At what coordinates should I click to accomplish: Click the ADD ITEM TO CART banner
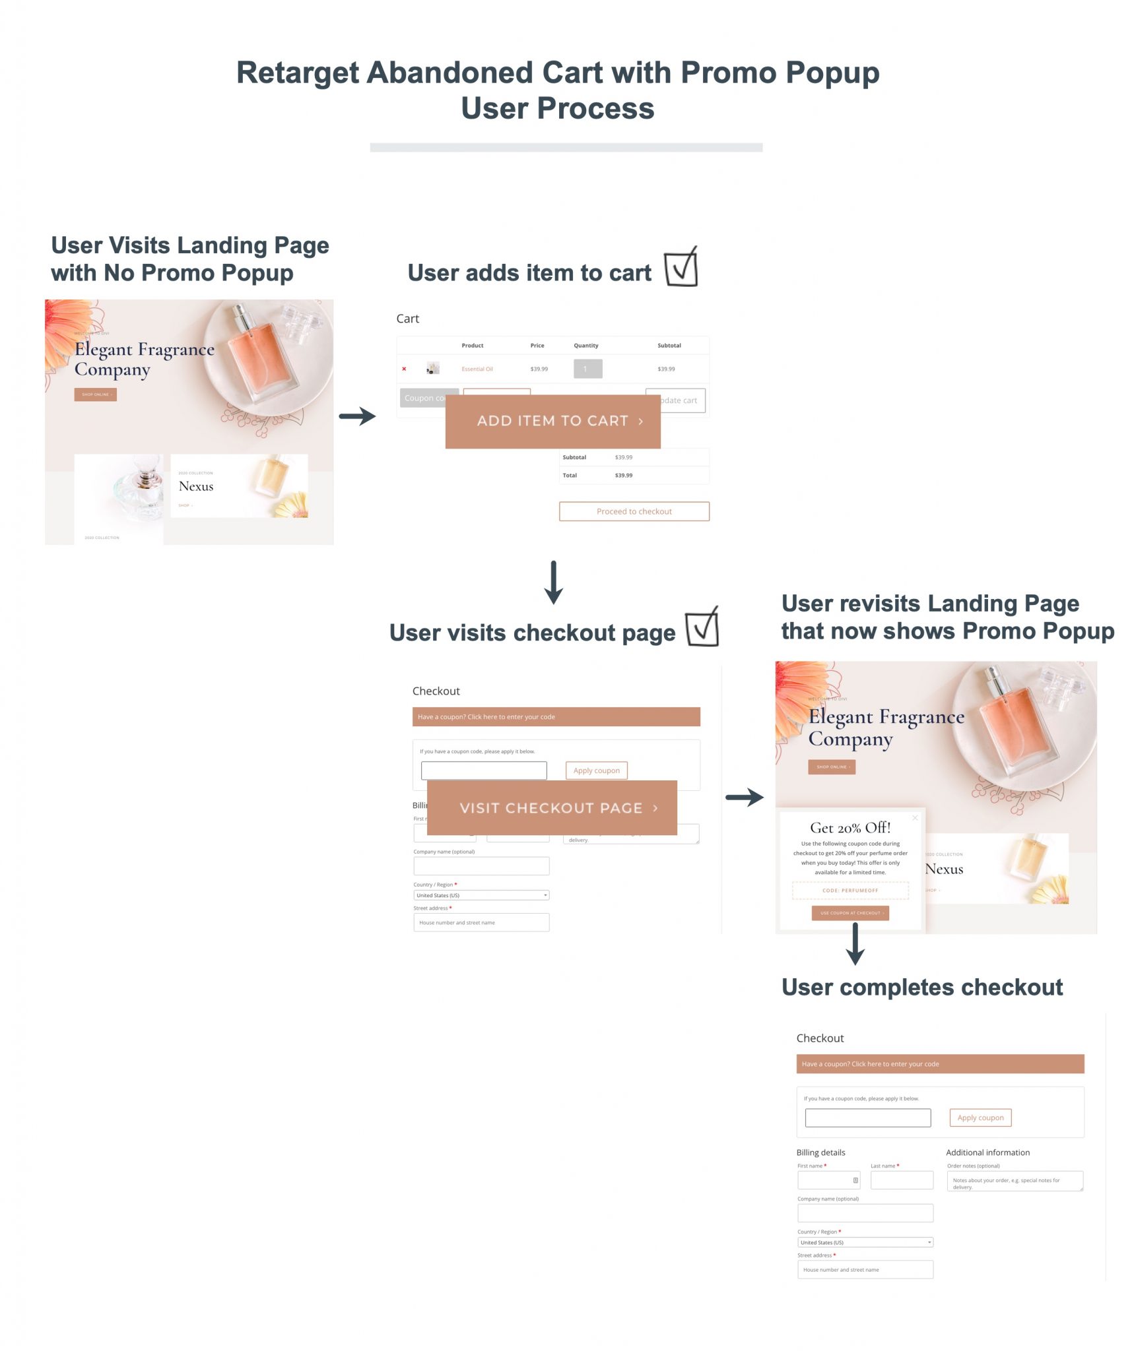[552, 421]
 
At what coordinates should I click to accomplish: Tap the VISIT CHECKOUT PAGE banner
[551, 807]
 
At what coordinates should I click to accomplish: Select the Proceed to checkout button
[634, 511]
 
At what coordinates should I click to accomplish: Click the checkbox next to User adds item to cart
[681, 267]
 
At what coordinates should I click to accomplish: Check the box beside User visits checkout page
[702, 627]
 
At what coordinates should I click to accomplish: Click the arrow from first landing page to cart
[357, 416]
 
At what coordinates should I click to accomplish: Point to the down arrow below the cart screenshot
[553, 582]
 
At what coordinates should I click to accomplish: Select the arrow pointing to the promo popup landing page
[744, 797]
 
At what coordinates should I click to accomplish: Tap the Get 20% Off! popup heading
[850, 827]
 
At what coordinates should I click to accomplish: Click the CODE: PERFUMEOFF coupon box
[850, 891]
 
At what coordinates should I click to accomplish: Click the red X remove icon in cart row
[404, 369]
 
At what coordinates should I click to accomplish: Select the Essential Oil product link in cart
[477, 369]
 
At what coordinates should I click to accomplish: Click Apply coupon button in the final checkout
[980, 1117]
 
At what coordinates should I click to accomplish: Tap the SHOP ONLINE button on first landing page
[95, 394]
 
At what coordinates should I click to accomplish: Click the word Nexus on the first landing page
[196, 486]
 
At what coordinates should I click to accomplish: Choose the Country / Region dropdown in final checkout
[865, 1242]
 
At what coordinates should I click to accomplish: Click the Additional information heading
[987, 1152]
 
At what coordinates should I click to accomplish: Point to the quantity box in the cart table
[587, 369]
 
